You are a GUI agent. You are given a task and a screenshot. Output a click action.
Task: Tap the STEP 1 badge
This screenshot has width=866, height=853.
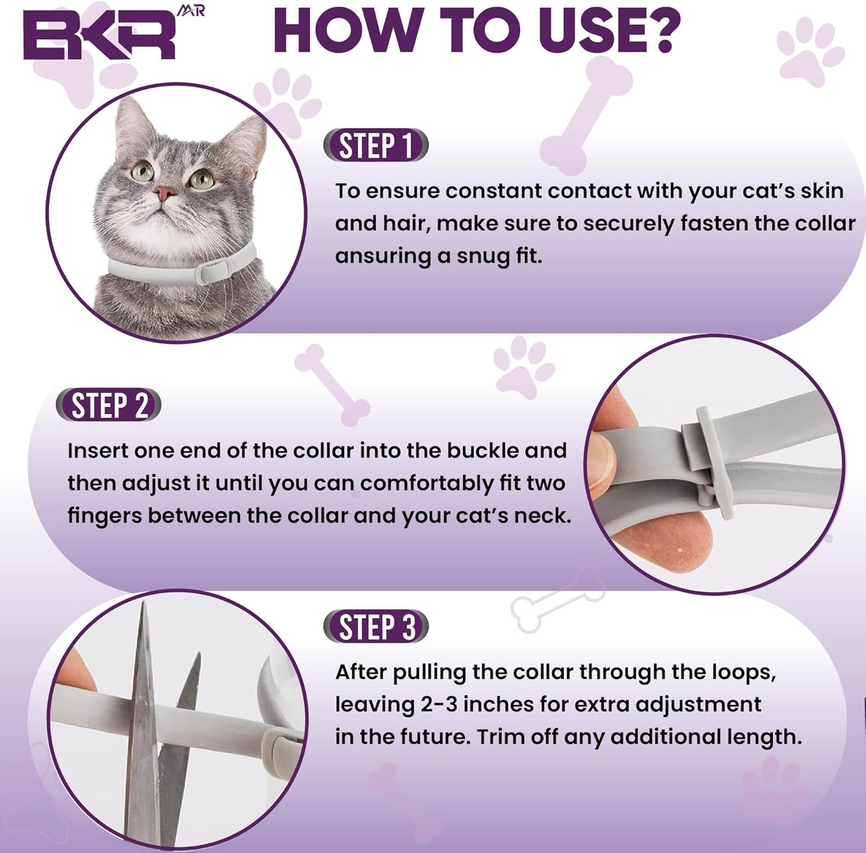376,146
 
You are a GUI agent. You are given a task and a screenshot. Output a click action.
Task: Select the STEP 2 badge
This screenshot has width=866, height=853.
108,406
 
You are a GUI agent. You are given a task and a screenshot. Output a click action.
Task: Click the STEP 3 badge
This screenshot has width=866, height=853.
376,627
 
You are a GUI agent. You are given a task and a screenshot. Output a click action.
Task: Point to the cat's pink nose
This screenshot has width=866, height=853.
164,193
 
